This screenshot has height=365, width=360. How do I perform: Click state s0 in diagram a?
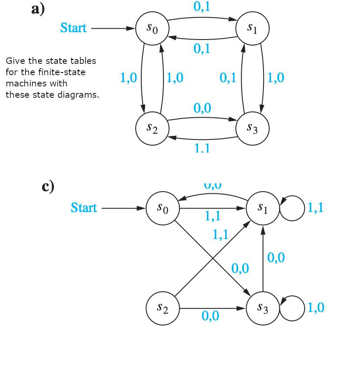[152, 28]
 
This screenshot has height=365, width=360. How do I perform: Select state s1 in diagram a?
[253, 28]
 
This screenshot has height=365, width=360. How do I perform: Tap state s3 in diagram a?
[253, 128]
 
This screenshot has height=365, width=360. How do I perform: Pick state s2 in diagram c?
[163, 308]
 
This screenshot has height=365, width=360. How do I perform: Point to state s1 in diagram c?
[263, 208]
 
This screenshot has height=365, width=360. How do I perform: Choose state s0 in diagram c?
[163, 208]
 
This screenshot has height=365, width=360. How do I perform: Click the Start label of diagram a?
[73, 28]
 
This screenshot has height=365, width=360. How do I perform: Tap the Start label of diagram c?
[83, 208]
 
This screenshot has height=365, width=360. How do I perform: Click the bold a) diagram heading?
[38, 9]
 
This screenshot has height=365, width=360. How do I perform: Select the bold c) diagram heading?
[48, 186]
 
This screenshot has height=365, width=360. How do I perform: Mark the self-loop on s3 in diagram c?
[292, 308]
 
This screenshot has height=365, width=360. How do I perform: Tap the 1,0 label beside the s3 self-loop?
[316, 308]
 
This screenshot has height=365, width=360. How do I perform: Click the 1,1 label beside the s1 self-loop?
[316, 208]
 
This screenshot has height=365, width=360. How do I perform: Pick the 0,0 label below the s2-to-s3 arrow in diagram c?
[210, 316]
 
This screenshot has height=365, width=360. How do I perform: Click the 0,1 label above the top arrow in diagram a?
[202, 7]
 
